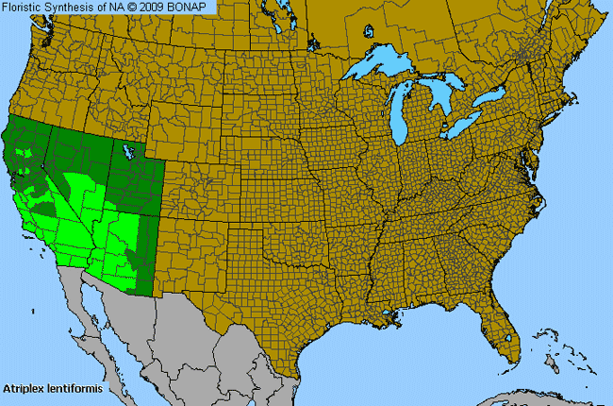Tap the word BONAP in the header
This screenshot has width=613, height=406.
click(195, 7)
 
